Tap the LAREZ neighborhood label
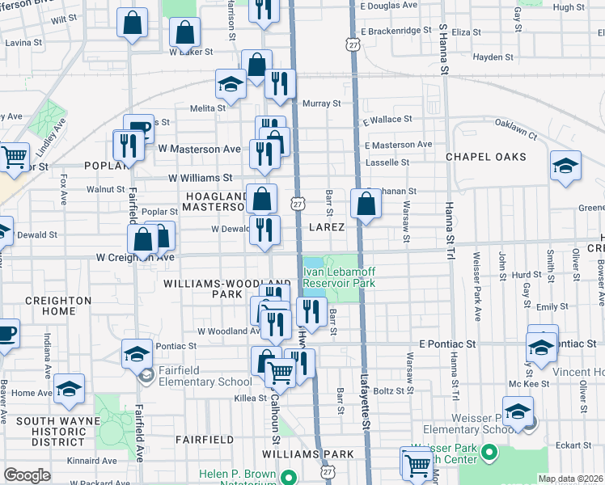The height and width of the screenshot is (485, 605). click(328, 227)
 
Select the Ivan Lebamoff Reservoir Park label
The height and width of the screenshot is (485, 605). click(339, 278)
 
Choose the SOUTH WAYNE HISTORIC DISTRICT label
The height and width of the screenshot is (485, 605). click(46, 432)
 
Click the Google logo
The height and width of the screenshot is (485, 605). click(27, 474)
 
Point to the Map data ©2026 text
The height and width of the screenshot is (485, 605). click(571, 479)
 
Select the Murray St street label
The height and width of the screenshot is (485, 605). click(321, 103)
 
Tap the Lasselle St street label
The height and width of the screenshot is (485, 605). click(387, 162)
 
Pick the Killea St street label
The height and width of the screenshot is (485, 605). click(251, 399)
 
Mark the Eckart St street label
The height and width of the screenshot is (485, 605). click(575, 444)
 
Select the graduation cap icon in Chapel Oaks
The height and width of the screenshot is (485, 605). click(565, 167)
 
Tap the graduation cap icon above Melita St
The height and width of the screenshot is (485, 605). click(231, 85)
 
